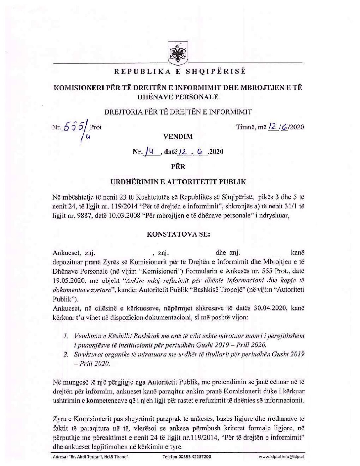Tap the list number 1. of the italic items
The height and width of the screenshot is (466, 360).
tap(65, 336)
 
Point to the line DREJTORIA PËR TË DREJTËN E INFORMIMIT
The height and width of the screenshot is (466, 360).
tap(178, 112)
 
